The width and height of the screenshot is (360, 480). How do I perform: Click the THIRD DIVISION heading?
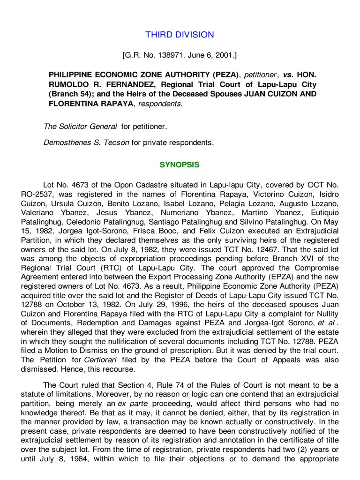tap(180, 35)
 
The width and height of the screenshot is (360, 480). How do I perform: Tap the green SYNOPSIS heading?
tap(180, 165)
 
